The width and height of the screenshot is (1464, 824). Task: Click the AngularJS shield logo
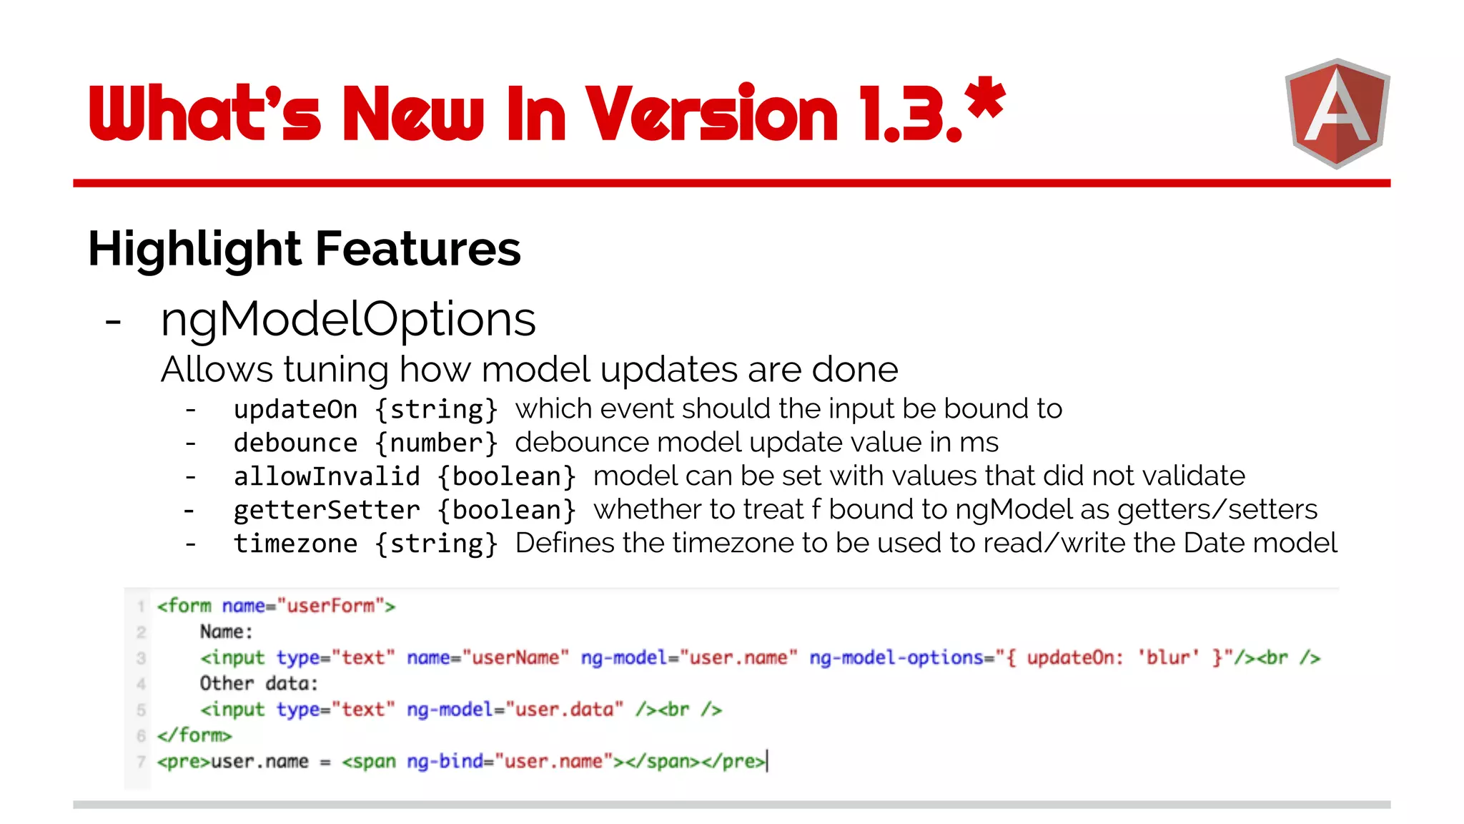pos(1337,113)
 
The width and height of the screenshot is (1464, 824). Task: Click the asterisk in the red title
pos(984,99)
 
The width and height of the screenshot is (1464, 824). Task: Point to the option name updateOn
pos(295,409)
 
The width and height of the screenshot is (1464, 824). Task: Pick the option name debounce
pos(295,443)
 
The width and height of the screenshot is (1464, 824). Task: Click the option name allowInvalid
pos(327,476)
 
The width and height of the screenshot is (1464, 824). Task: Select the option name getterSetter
pos(327,510)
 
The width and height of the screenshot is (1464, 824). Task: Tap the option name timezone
pos(295,544)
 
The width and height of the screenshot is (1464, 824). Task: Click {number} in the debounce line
pos(436,443)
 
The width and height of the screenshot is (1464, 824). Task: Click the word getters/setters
pos(1217,509)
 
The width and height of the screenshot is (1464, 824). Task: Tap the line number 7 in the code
pos(141,761)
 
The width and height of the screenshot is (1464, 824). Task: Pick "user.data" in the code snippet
pos(564,709)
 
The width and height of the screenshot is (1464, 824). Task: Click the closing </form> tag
pos(194,735)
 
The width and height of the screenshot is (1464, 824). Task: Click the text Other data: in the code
pos(259,683)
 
